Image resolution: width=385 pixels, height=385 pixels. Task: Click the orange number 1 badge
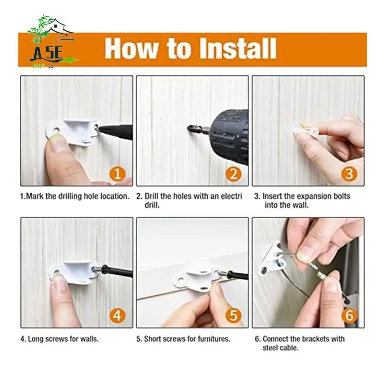tap(117, 174)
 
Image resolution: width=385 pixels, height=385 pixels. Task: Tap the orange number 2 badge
tap(233, 174)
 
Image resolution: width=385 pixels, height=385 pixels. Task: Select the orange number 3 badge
tap(349, 174)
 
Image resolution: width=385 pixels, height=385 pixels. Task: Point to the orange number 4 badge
tap(117, 316)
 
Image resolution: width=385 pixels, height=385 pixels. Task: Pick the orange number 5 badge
tap(233, 316)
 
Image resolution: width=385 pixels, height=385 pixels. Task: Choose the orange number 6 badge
tap(349, 316)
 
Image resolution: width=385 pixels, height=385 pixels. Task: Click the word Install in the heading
tap(238, 49)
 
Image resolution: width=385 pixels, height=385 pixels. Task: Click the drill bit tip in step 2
tap(189, 128)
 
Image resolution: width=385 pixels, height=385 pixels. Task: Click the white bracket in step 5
tap(196, 280)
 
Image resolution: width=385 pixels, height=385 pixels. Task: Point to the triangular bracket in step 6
tap(272, 259)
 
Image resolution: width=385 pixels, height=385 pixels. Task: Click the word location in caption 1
tap(114, 196)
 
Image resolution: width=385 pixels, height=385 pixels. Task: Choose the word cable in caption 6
tap(289, 348)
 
